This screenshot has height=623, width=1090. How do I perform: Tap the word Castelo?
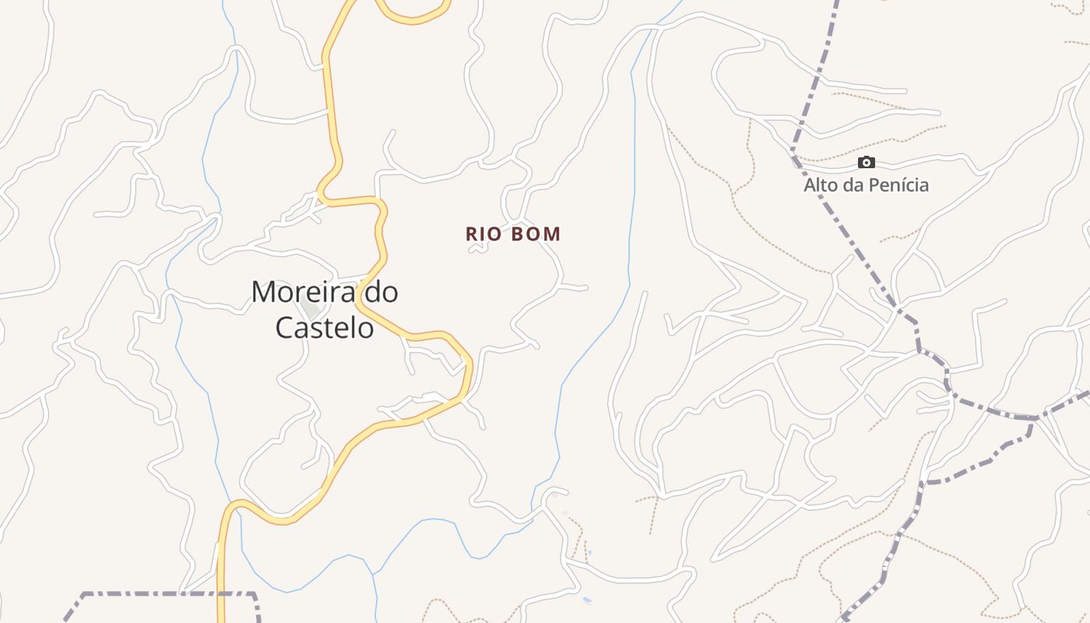(x=325, y=328)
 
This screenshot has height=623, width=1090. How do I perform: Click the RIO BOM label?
(x=513, y=234)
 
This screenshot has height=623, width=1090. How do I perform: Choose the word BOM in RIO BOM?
(x=536, y=234)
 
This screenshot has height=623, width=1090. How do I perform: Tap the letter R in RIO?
(x=472, y=234)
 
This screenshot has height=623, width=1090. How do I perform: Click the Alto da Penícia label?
(x=866, y=185)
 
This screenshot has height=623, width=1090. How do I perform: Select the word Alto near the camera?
(x=821, y=185)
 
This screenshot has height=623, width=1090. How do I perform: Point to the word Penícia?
(x=900, y=185)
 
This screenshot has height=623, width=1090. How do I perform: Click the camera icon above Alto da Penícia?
(x=866, y=163)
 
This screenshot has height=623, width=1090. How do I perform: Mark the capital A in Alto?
(x=810, y=185)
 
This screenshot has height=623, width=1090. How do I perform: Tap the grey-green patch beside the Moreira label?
(x=311, y=310)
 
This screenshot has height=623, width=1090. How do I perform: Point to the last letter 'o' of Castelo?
(x=366, y=329)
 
